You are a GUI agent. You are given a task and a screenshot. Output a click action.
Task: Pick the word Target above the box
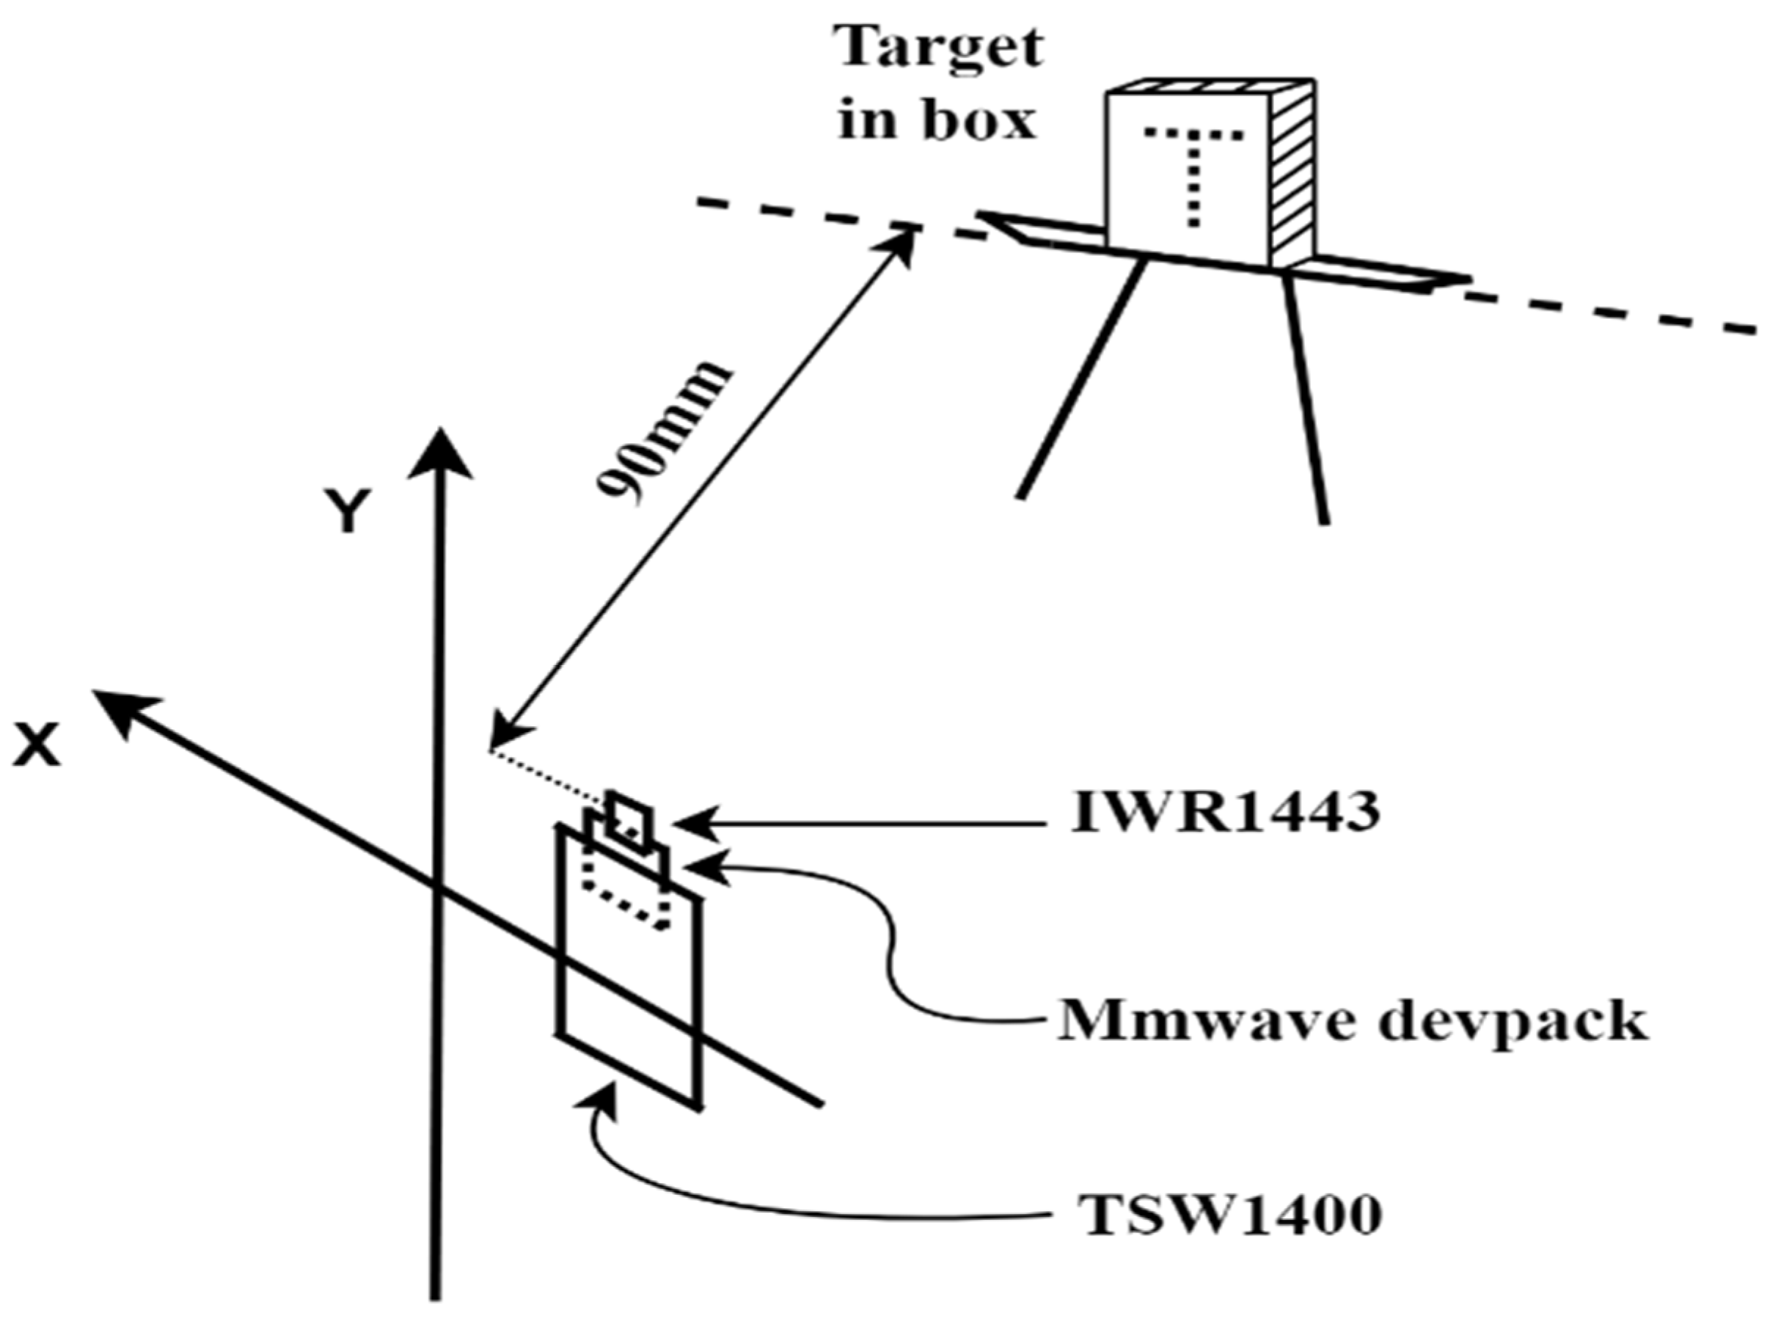point(939,48)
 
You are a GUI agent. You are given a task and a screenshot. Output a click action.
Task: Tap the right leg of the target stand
point(1304,401)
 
